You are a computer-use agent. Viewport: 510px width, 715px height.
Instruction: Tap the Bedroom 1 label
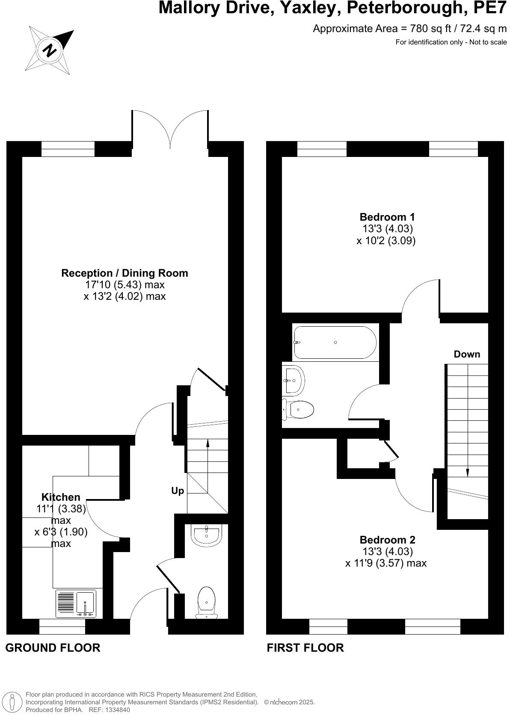(x=387, y=217)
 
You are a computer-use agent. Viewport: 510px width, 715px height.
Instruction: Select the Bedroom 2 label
(x=387, y=540)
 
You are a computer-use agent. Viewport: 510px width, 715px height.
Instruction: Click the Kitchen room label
(x=61, y=497)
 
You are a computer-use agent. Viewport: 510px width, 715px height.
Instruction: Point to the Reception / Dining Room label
(x=125, y=273)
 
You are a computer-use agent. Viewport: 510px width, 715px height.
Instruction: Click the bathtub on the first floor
(x=335, y=343)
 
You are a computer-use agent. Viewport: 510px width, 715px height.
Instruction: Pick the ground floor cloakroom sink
(x=206, y=536)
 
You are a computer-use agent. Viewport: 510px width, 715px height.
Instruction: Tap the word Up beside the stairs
(x=178, y=491)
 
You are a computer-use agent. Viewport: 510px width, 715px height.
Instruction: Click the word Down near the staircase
(x=467, y=354)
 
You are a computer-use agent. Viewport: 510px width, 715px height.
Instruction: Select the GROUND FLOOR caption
(x=53, y=648)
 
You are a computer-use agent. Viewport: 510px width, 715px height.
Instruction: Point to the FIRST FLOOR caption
(x=305, y=648)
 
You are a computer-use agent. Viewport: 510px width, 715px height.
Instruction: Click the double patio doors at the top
(x=170, y=128)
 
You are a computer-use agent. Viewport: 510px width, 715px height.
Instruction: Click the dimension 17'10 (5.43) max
(x=125, y=285)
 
